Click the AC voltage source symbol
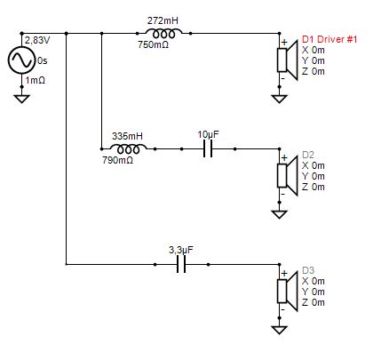tap(21, 60)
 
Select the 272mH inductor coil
tap(163, 34)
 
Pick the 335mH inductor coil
tap(128, 148)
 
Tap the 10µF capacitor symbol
tap(208, 148)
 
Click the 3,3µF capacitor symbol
tap(181, 264)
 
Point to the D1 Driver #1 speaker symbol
tap(287, 60)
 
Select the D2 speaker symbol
tap(287, 176)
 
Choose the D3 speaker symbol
tap(287, 292)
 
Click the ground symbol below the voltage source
tap(22, 99)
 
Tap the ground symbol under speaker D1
tap(280, 99)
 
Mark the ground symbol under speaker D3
tap(280, 330)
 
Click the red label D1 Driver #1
tap(329, 39)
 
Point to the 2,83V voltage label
tap(37, 40)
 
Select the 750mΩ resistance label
tap(153, 44)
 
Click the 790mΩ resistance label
tap(117, 160)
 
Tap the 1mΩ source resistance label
tap(36, 80)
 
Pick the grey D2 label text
tap(308, 155)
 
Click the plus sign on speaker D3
tap(284, 273)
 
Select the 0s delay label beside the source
tap(43, 60)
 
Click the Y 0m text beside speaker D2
tap(314, 176)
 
